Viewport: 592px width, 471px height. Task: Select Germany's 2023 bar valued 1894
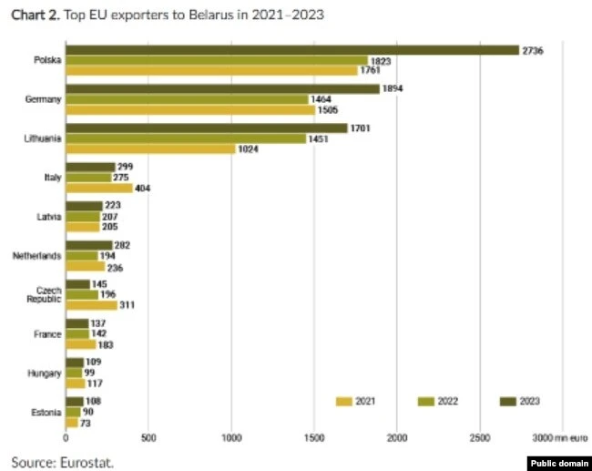(222, 88)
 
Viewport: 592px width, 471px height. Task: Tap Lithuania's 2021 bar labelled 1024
(150, 148)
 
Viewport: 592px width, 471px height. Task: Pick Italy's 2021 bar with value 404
(99, 188)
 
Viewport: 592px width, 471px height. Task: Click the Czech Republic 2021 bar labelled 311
(91, 305)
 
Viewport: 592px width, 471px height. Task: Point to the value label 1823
(382, 60)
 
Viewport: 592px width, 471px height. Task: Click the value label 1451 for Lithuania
(320, 138)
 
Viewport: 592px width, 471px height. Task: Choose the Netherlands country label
(36, 256)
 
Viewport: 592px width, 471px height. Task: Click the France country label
(48, 334)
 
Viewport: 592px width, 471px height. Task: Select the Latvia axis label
(49, 217)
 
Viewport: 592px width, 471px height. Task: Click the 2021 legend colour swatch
(343, 400)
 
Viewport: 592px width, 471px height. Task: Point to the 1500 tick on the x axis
(314, 439)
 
